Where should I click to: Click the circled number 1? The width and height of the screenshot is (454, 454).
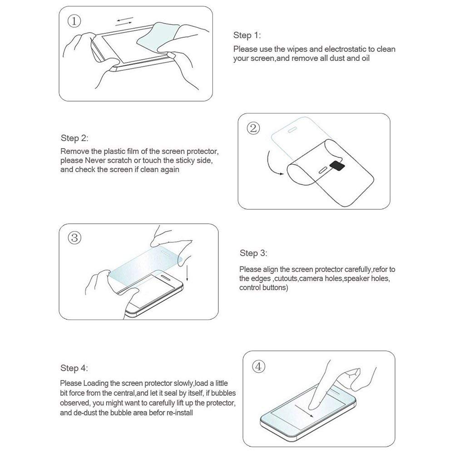click(74, 21)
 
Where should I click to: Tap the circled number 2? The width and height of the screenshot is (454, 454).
click(253, 128)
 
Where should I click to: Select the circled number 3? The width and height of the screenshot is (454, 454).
click(74, 238)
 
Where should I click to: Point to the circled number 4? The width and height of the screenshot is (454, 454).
click(259, 366)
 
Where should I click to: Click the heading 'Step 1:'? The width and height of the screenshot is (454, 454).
click(247, 35)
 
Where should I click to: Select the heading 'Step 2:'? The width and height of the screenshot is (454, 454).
click(74, 138)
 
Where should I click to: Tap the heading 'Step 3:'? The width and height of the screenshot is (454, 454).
click(253, 253)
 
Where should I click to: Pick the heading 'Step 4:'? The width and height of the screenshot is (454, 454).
click(74, 368)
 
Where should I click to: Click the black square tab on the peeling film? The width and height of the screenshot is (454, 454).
click(337, 165)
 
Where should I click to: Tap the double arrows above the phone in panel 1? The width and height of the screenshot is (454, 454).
click(124, 22)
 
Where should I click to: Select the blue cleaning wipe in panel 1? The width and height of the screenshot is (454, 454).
click(158, 36)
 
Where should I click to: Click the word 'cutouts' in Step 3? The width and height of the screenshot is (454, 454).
click(286, 279)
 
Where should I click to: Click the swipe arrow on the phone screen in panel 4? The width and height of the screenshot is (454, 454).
click(304, 411)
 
